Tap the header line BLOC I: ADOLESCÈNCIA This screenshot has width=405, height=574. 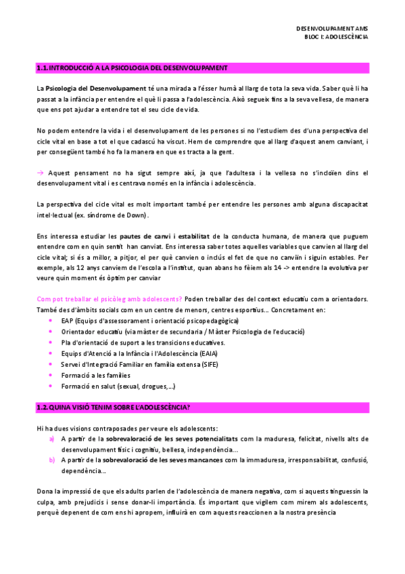click(x=336, y=37)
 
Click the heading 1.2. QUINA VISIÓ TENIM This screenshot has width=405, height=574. click(x=113, y=407)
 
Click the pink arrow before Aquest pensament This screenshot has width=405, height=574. click(x=40, y=173)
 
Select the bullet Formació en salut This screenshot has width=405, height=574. click(x=118, y=386)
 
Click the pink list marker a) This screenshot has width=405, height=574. click(x=52, y=439)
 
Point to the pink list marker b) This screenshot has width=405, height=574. click(x=52, y=460)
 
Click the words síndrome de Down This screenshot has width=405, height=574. click(x=111, y=215)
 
